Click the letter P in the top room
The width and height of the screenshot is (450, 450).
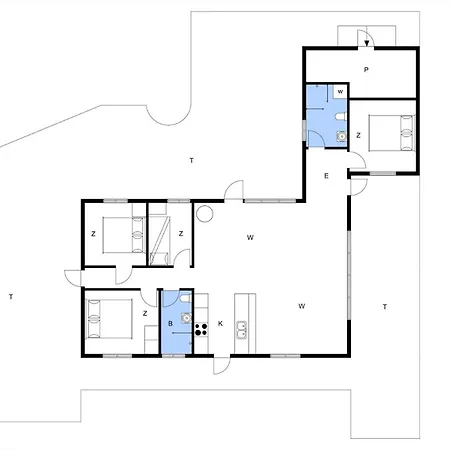[x=367, y=69]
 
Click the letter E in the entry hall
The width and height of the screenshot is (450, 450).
[x=326, y=176]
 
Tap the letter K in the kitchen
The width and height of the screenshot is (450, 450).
[x=220, y=324]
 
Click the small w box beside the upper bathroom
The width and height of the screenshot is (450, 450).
[x=341, y=92]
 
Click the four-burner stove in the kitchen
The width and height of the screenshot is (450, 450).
[x=201, y=321]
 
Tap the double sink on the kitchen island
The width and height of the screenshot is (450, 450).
[x=242, y=326]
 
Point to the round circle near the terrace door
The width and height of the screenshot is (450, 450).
[x=205, y=213]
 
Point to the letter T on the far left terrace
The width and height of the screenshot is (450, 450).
[x=9, y=297]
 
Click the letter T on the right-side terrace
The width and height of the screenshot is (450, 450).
[x=384, y=306]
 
